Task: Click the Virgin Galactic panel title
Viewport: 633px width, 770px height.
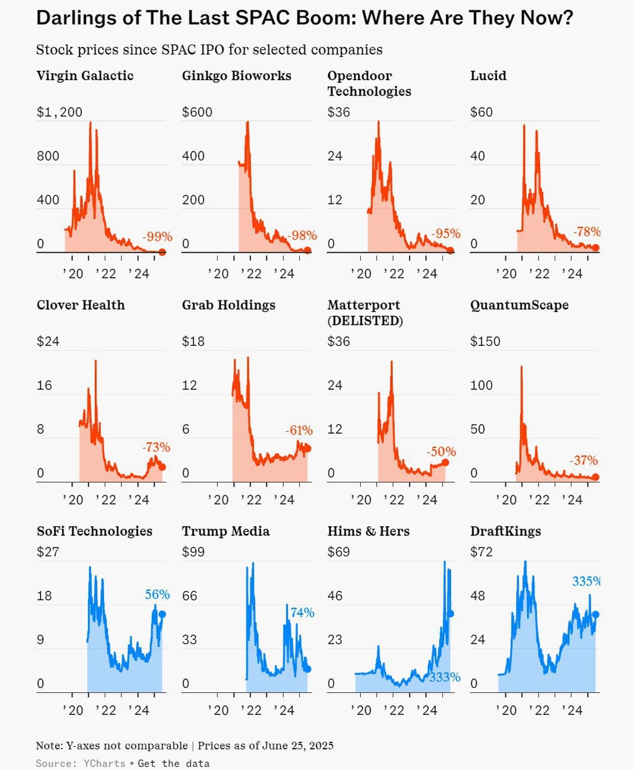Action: pyautogui.click(x=85, y=76)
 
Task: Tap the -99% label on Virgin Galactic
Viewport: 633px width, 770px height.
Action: pyautogui.click(x=157, y=237)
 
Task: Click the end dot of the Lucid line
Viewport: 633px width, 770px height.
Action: pyautogui.click(x=596, y=248)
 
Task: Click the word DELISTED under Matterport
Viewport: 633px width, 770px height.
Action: pyautogui.click(x=365, y=321)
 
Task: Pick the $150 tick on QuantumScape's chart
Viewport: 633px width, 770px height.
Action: pyautogui.click(x=485, y=341)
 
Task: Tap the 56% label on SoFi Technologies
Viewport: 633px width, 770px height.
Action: pyautogui.click(x=157, y=594)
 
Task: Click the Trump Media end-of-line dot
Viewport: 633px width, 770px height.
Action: pyautogui.click(x=308, y=669)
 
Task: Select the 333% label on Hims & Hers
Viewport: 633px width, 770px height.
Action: pyautogui.click(x=445, y=677)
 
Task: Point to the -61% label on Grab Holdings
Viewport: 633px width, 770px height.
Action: pyautogui.click(x=299, y=431)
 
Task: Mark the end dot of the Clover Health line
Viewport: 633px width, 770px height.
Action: pyautogui.click(x=162, y=467)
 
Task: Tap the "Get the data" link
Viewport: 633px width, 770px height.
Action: pyautogui.click(x=173, y=763)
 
